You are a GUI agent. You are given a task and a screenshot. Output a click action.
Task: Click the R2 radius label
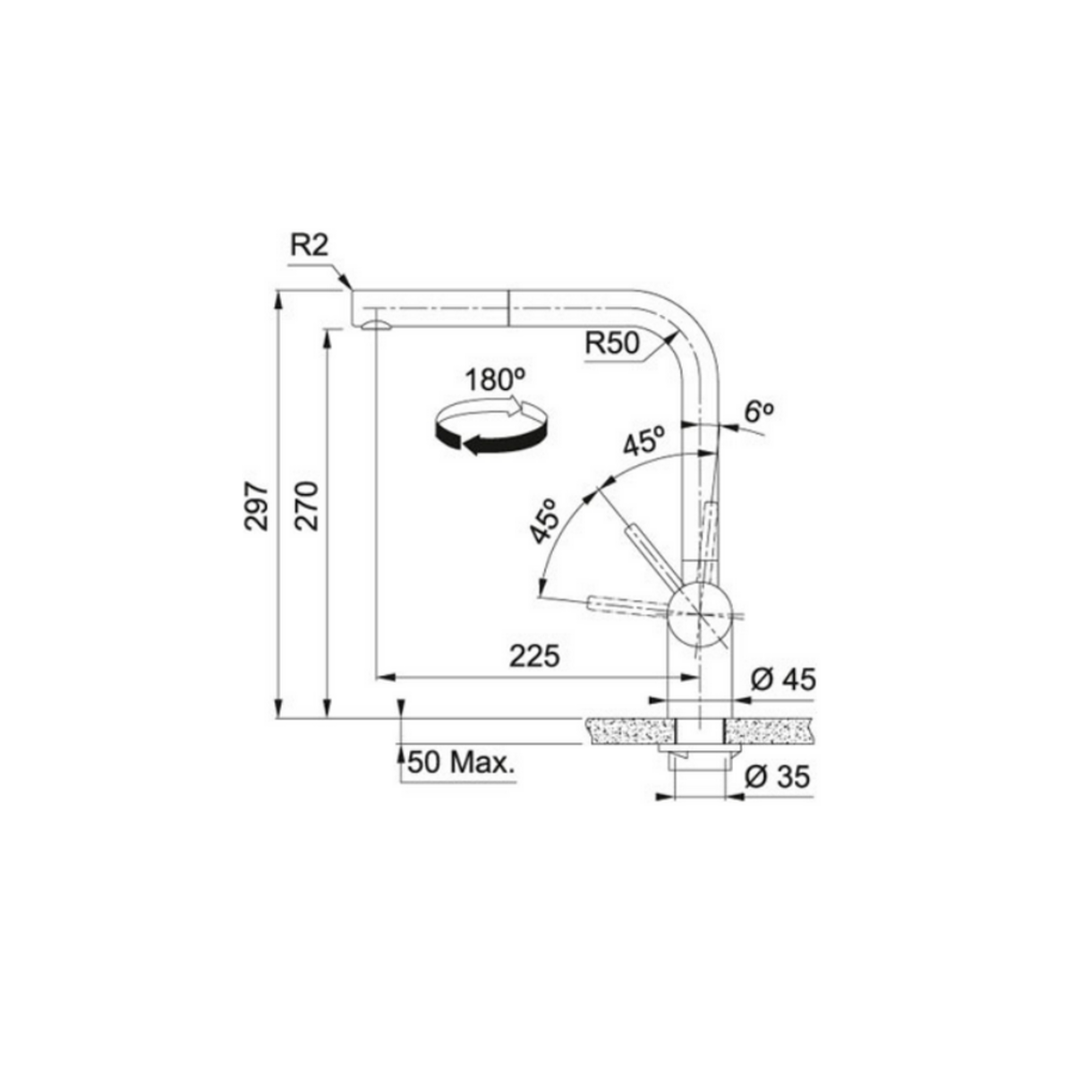(310, 247)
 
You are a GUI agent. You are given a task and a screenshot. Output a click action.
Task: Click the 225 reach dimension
(534, 656)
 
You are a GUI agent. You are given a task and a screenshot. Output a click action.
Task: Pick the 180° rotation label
(492, 379)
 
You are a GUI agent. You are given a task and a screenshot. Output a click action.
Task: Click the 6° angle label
(757, 412)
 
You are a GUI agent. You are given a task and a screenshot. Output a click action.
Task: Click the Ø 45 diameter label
(782, 680)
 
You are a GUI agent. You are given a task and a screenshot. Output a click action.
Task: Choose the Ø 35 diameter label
(776, 777)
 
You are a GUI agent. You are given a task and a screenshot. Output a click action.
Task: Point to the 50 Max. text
(462, 763)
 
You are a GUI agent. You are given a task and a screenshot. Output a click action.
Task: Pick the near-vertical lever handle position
(710, 533)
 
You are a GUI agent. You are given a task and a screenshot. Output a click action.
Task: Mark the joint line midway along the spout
(508, 309)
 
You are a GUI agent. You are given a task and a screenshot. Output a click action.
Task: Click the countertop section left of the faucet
(626, 731)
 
